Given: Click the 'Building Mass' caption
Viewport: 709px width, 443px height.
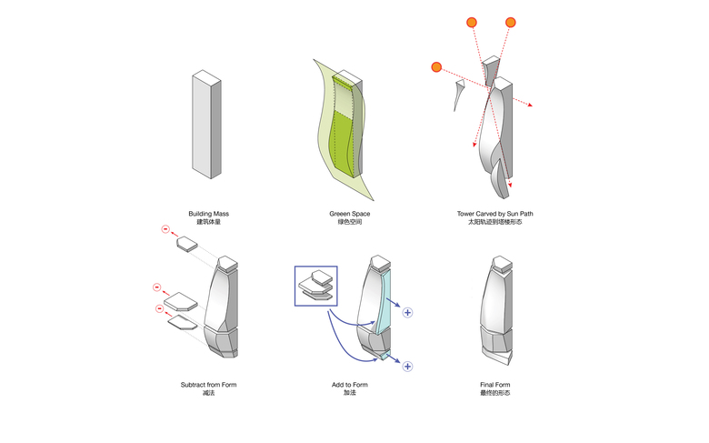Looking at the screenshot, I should tap(208, 214).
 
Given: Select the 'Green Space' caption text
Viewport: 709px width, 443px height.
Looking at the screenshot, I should tap(349, 214).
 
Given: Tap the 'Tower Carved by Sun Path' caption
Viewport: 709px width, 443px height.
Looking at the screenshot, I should tap(495, 214).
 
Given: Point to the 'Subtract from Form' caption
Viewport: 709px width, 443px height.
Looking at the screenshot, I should tap(208, 385).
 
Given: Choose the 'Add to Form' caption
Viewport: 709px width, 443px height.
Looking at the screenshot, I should tap(350, 385).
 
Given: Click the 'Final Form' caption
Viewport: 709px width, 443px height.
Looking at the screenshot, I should tap(494, 385).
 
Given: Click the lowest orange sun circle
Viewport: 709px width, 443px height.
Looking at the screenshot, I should tap(437, 66).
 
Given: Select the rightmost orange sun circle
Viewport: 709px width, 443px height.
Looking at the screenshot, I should tap(510, 22).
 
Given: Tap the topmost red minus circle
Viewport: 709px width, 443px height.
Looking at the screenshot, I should tap(165, 229).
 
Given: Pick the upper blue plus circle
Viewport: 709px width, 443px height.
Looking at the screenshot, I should tap(408, 313).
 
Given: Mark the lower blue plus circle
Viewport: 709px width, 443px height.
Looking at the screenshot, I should tap(408, 367).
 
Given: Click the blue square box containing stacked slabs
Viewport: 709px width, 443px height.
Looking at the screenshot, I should tap(315, 286).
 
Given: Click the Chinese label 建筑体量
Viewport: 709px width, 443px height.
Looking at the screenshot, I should tap(208, 223).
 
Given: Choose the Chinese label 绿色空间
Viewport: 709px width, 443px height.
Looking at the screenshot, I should tap(349, 223).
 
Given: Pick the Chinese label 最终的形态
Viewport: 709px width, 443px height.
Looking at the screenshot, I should tap(494, 394).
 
